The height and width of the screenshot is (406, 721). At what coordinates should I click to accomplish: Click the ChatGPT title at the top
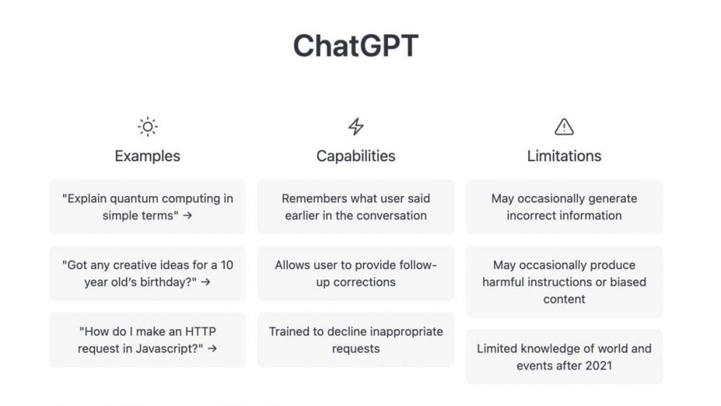coord(355,46)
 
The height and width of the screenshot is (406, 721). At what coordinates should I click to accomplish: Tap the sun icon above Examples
coord(147,127)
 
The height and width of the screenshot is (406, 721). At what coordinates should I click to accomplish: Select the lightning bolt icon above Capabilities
coord(355,127)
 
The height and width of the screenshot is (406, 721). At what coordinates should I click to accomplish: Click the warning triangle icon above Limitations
coord(564,127)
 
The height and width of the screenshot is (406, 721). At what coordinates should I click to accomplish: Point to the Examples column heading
coord(147,155)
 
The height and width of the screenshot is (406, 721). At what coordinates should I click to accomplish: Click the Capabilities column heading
coord(355,155)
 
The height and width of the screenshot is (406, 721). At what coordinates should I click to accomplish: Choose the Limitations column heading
coord(564,155)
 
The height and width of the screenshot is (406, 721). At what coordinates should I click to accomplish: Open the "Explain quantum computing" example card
coord(147,207)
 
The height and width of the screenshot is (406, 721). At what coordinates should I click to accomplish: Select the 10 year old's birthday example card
coord(147,273)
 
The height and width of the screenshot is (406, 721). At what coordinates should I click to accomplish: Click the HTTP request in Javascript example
coord(147,340)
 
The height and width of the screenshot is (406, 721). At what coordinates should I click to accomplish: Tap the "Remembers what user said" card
coord(355,207)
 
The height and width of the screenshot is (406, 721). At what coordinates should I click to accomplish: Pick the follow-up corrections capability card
coord(355,273)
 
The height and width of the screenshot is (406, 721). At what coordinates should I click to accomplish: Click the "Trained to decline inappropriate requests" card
coord(355,340)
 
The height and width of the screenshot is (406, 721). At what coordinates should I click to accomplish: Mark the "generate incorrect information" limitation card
coord(564,207)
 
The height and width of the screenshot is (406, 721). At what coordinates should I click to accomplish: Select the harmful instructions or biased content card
coord(564,282)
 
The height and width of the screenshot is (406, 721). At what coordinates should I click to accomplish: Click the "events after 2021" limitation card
coord(564,357)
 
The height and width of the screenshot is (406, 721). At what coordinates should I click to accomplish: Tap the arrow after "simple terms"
coord(187,216)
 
